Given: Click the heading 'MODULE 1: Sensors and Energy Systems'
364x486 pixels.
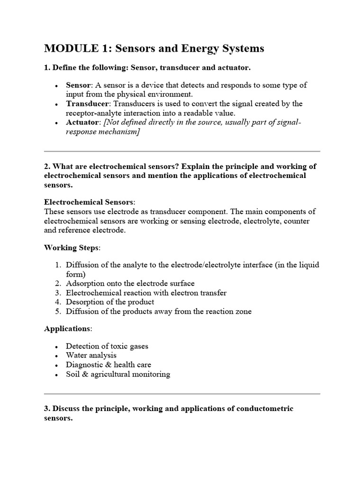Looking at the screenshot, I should [154, 48].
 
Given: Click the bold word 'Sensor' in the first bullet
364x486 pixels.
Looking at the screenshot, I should [79, 85].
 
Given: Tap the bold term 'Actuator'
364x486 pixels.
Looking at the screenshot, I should [82, 122].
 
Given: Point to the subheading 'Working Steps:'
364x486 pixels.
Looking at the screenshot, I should [72, 248].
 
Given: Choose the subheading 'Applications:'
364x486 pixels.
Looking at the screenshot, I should [68, 328].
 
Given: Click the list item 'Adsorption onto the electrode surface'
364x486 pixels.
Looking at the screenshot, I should [130, 284].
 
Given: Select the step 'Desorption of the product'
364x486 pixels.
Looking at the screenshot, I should [110, 302].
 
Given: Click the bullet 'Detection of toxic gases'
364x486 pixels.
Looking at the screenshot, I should [107, 346].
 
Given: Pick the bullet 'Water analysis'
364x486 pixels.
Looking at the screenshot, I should [91, 355].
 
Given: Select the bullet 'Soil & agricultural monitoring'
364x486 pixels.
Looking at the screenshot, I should [118, 374].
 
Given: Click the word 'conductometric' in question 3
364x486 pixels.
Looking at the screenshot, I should [267, 409].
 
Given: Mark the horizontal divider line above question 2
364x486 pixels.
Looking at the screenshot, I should [182, 151].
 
